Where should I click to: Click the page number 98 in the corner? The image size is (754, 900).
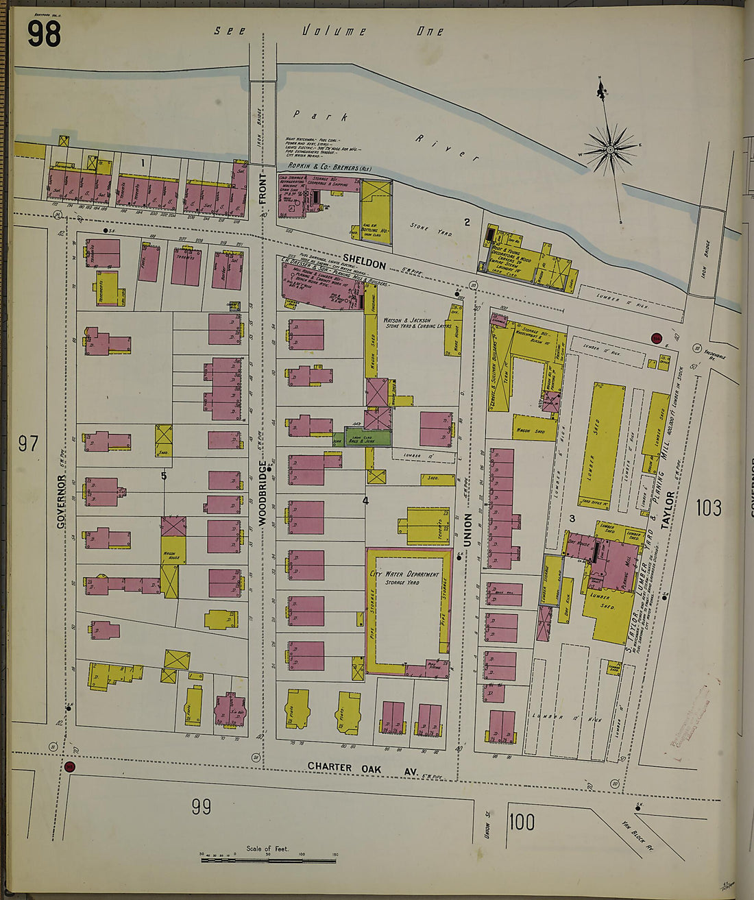pyautogui.click(x=44, y=34)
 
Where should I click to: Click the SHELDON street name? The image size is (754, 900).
pyautogui.click(x=364, y=263)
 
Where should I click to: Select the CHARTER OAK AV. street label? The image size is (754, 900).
pyautogui.click(x=362, y=769)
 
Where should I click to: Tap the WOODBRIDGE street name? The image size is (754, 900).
pyautogui.click(x=263, y=494)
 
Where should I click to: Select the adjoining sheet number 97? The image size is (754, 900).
pyautogui.click(x=28, y=443)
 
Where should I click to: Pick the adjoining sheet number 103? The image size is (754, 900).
pyautogui.click(x=708, y=507)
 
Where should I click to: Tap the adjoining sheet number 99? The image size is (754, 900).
pyautogui.click(x=201, y=807)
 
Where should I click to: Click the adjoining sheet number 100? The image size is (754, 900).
pyautogui.click(x=522, y=820)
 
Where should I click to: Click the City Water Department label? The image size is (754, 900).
pyautogui.click(x=404, y=574)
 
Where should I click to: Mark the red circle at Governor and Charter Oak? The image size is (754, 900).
pyautogui.click(x=69, y=766)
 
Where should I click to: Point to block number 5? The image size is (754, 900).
pyautogui.click(x=164, y=476)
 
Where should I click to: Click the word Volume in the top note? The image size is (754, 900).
pyautogui.click(x=335, y=32)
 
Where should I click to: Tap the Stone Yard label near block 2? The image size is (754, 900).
pyautogui.click(x=431, y=229)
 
